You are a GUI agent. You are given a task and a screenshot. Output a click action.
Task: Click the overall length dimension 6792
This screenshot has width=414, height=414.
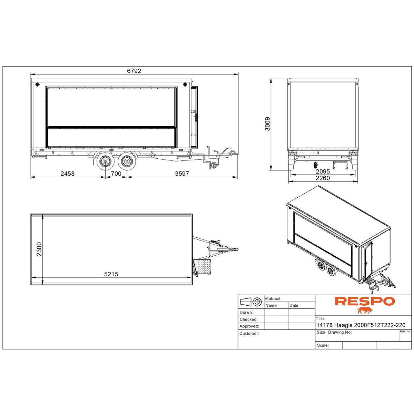[x=134, y=71]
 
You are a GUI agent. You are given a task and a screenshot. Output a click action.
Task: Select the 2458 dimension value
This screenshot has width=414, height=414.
[x=68, y=174]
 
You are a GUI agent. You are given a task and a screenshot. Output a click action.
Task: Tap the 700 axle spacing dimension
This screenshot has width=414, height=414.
[x=116, y=174]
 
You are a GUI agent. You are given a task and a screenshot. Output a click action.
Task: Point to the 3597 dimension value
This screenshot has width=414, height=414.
[x=182, y=174]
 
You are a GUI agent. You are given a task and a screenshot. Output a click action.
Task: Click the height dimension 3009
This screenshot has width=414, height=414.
[x=267, y=124]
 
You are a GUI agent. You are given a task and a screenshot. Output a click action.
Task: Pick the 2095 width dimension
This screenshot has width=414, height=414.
[x=323, y=171]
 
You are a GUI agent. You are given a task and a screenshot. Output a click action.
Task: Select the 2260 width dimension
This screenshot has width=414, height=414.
[x=323, y=178]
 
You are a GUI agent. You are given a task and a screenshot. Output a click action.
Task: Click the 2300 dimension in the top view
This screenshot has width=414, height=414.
[x=39, y=249]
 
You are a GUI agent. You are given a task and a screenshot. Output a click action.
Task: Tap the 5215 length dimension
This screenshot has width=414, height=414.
[x=111, y=274]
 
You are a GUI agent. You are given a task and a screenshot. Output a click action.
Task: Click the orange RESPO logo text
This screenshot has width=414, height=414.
[x=365, y=301]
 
